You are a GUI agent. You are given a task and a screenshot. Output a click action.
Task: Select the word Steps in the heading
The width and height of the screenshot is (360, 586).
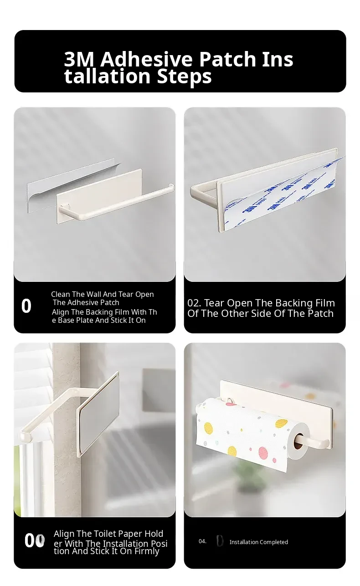pos(184,76)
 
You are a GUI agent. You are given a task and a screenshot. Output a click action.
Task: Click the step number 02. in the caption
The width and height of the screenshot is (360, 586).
pos(194,303)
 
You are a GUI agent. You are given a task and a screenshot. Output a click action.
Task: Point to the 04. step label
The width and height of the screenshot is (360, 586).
pos(202,541)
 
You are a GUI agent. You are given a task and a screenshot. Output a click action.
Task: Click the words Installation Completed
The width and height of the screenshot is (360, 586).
pos(259,542)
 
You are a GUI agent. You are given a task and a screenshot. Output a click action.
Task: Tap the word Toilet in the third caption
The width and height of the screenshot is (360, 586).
pos(105,534)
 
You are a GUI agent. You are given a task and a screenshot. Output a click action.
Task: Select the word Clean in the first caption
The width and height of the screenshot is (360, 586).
pos(61,294)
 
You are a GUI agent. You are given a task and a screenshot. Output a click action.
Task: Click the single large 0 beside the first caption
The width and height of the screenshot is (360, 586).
pos(26,306)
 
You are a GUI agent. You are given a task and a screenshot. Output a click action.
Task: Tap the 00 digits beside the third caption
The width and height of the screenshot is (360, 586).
pos(35,540)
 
